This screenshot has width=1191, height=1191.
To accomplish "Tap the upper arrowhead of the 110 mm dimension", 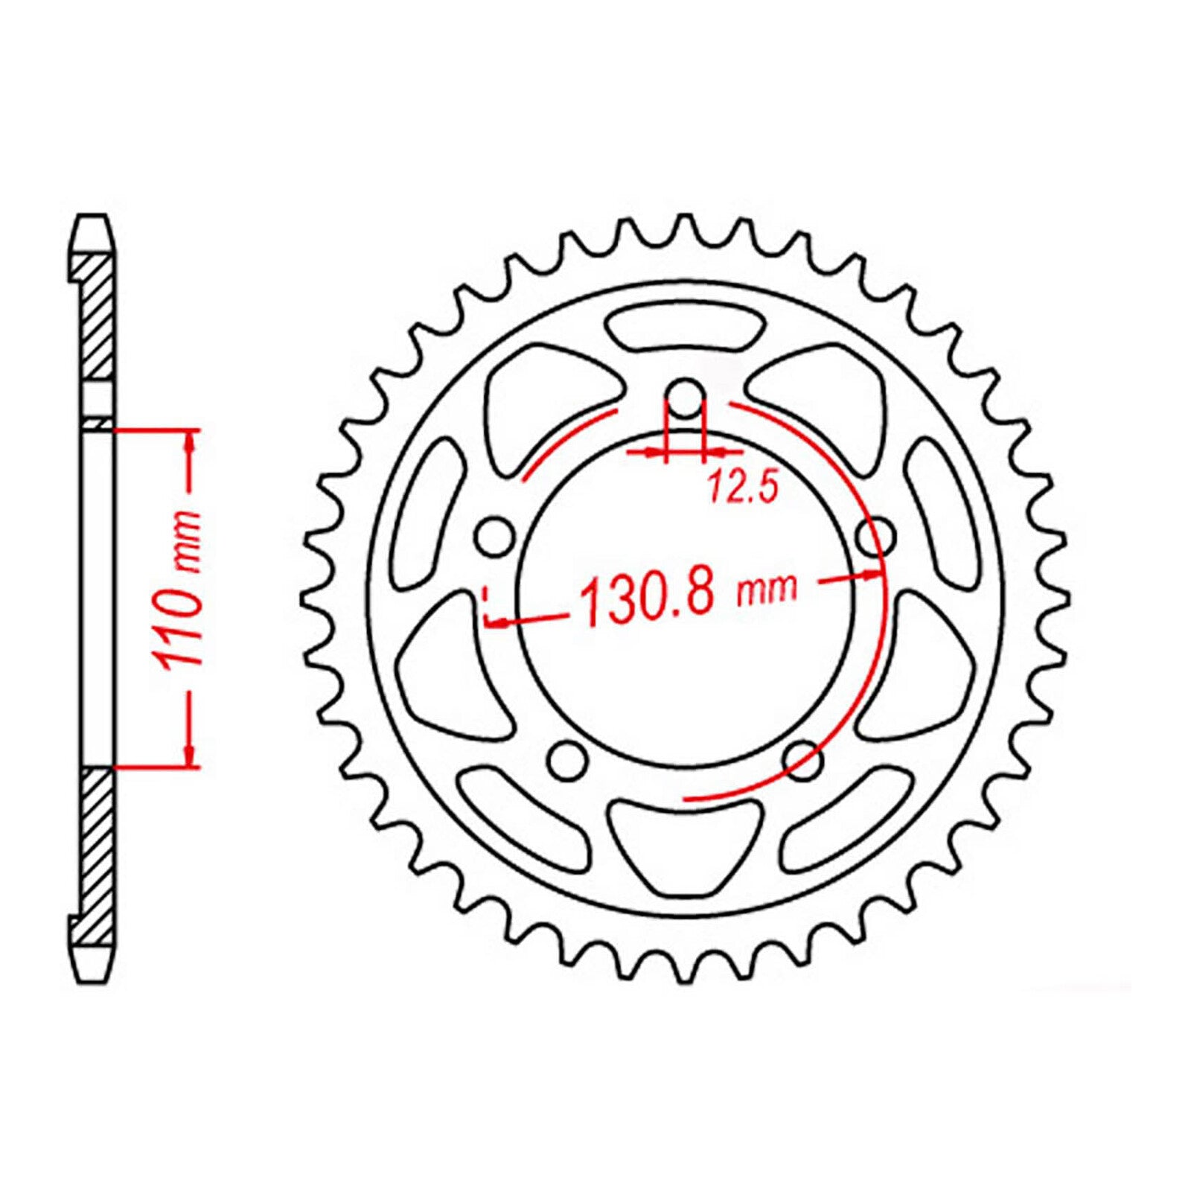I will click(191, 445).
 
